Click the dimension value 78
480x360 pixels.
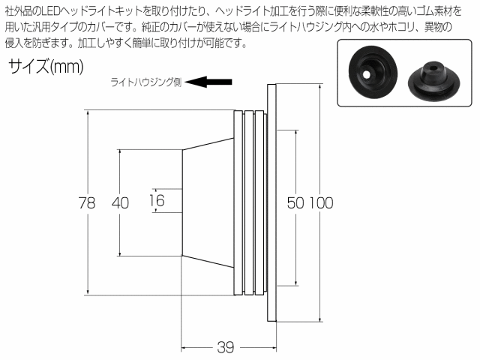(87, 202)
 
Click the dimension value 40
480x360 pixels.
(120, 202)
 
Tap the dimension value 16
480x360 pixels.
(157, 200)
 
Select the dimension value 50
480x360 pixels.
(295, 202)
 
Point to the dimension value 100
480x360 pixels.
(321, 202)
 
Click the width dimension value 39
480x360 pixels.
(226, 347)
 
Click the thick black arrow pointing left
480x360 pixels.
(208, 82)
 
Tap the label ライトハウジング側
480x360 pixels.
(146, 82)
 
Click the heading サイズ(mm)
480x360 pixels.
(46, 66)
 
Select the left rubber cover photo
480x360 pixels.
(373, 72)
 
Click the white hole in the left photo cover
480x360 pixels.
(365, 74)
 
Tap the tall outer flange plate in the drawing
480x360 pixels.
(271, 202)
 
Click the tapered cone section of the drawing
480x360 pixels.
(208, 202)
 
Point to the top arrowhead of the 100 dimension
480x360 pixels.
(320, 87)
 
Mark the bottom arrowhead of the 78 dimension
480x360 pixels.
(88, 292)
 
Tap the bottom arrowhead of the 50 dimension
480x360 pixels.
(296, 283)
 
